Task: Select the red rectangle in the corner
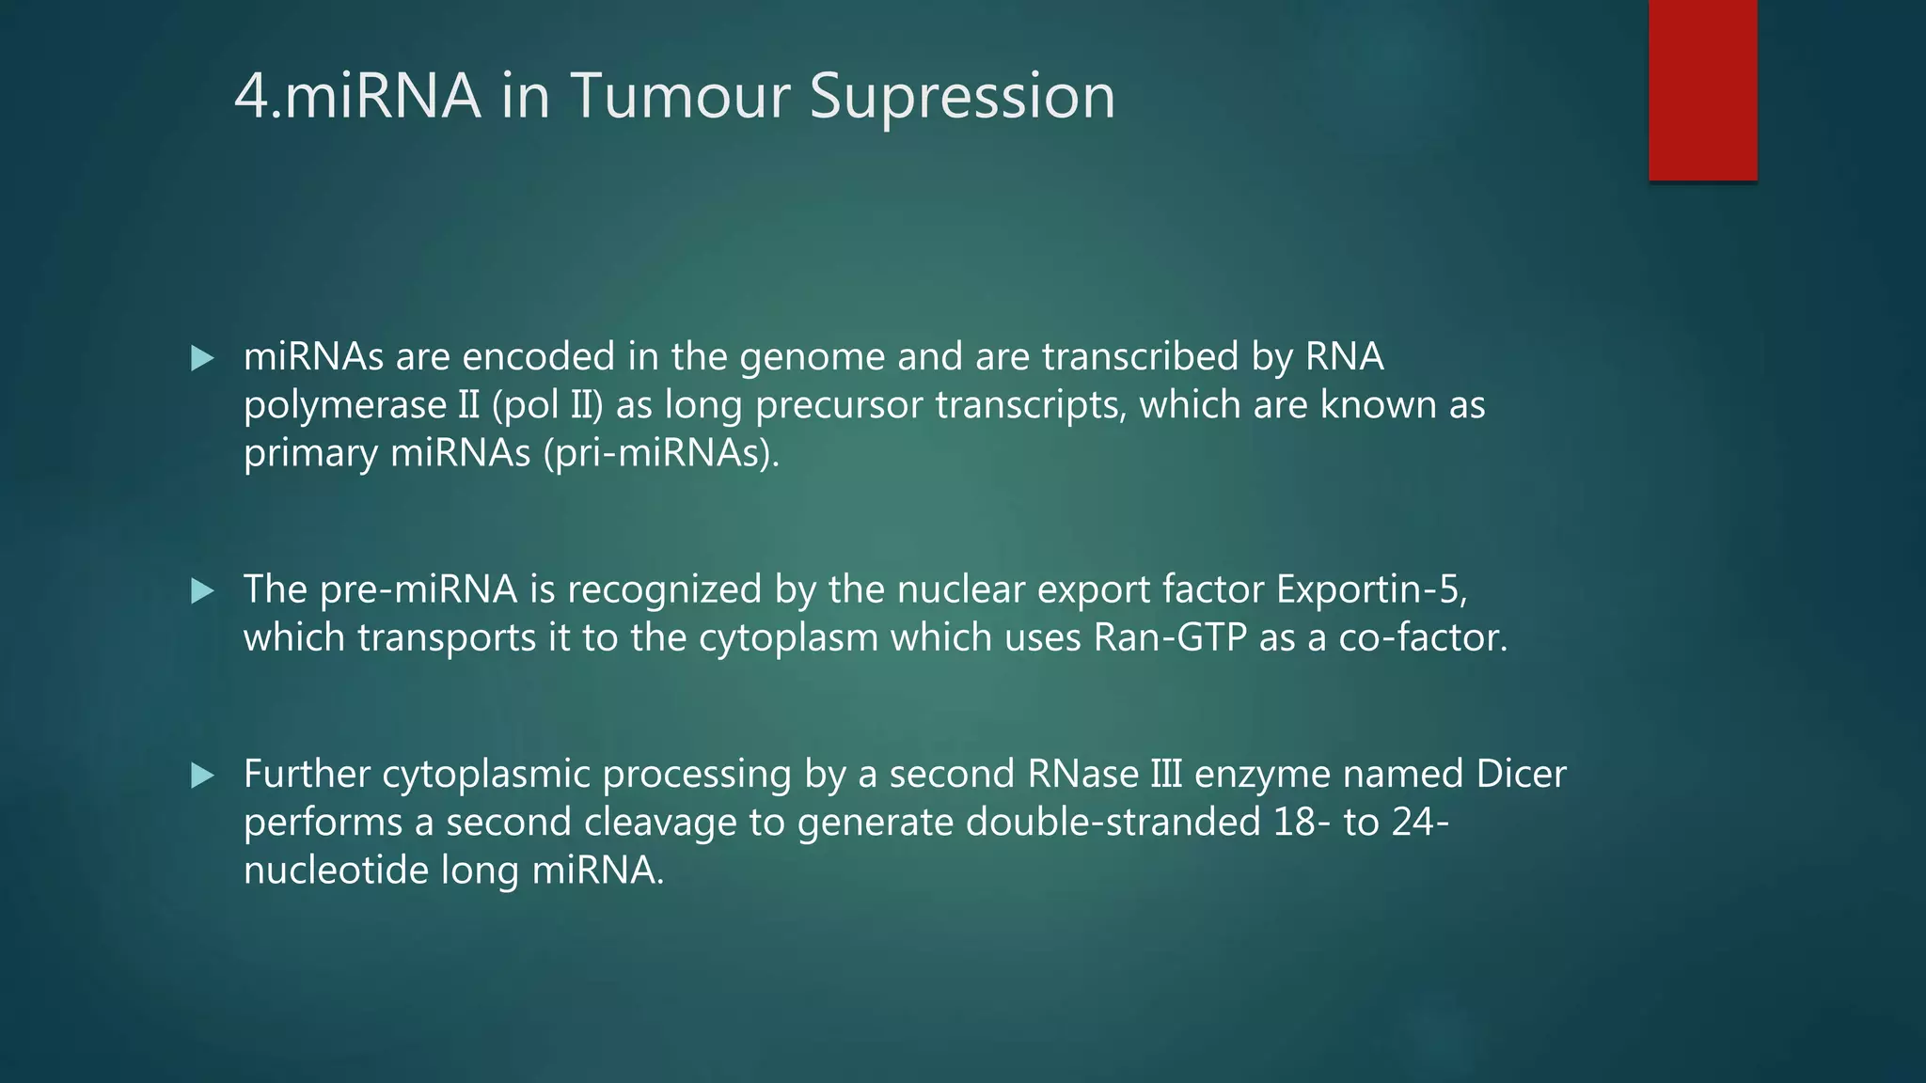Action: click(1702, 90)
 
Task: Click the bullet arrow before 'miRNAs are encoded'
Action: click(202, 358)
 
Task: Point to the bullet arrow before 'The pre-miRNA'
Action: click(202, 591)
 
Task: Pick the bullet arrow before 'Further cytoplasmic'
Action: click(202, 776)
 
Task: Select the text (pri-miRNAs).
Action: click(661, 454)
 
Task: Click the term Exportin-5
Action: click(1371, 589)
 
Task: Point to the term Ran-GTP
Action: click(1170, 638)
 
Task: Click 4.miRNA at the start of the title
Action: click(356, 96)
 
